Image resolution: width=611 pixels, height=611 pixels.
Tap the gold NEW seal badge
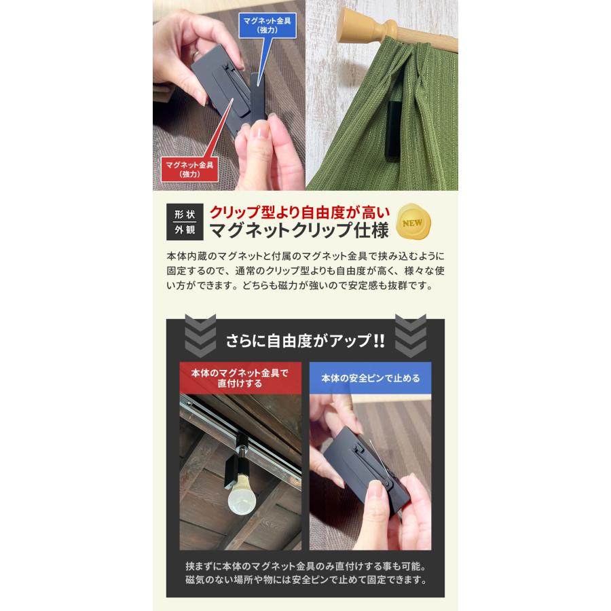pyautogui.click(x=415, y=222)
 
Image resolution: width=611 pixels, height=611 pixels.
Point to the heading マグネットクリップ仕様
pyautogui.click(x=299, y=232)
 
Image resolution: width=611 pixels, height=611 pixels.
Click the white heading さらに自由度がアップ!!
pyautogui.click(x=305, y=340)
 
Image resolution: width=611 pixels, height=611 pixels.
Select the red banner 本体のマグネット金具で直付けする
pyautogui.click(x=240, y=379)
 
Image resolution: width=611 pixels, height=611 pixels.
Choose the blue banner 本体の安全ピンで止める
pyautogui.click(x=370, y=379)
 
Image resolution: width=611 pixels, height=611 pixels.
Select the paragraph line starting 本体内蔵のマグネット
pyautogui.click(x=305, y=257)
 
